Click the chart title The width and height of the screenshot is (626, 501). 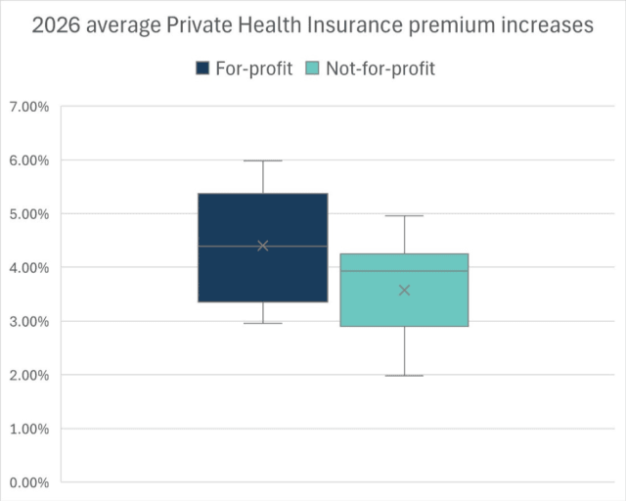[x=313, y=26]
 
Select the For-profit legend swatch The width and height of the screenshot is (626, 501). [x=203, y=68]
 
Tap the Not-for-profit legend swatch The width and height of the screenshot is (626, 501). [x=313, y=68]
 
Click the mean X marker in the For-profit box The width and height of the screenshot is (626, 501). [x=263, y=246]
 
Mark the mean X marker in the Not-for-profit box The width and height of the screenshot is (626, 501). [x=404, y=290]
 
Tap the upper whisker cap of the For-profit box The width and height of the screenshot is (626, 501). [x=263, y=160]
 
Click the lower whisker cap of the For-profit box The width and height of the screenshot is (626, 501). [x=263, y=323]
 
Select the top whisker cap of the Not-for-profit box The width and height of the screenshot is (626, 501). [x=404, y=215]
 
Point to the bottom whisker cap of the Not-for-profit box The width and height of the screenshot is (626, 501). [x=404, y=376]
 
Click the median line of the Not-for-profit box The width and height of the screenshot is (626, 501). [x=404, y=271]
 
